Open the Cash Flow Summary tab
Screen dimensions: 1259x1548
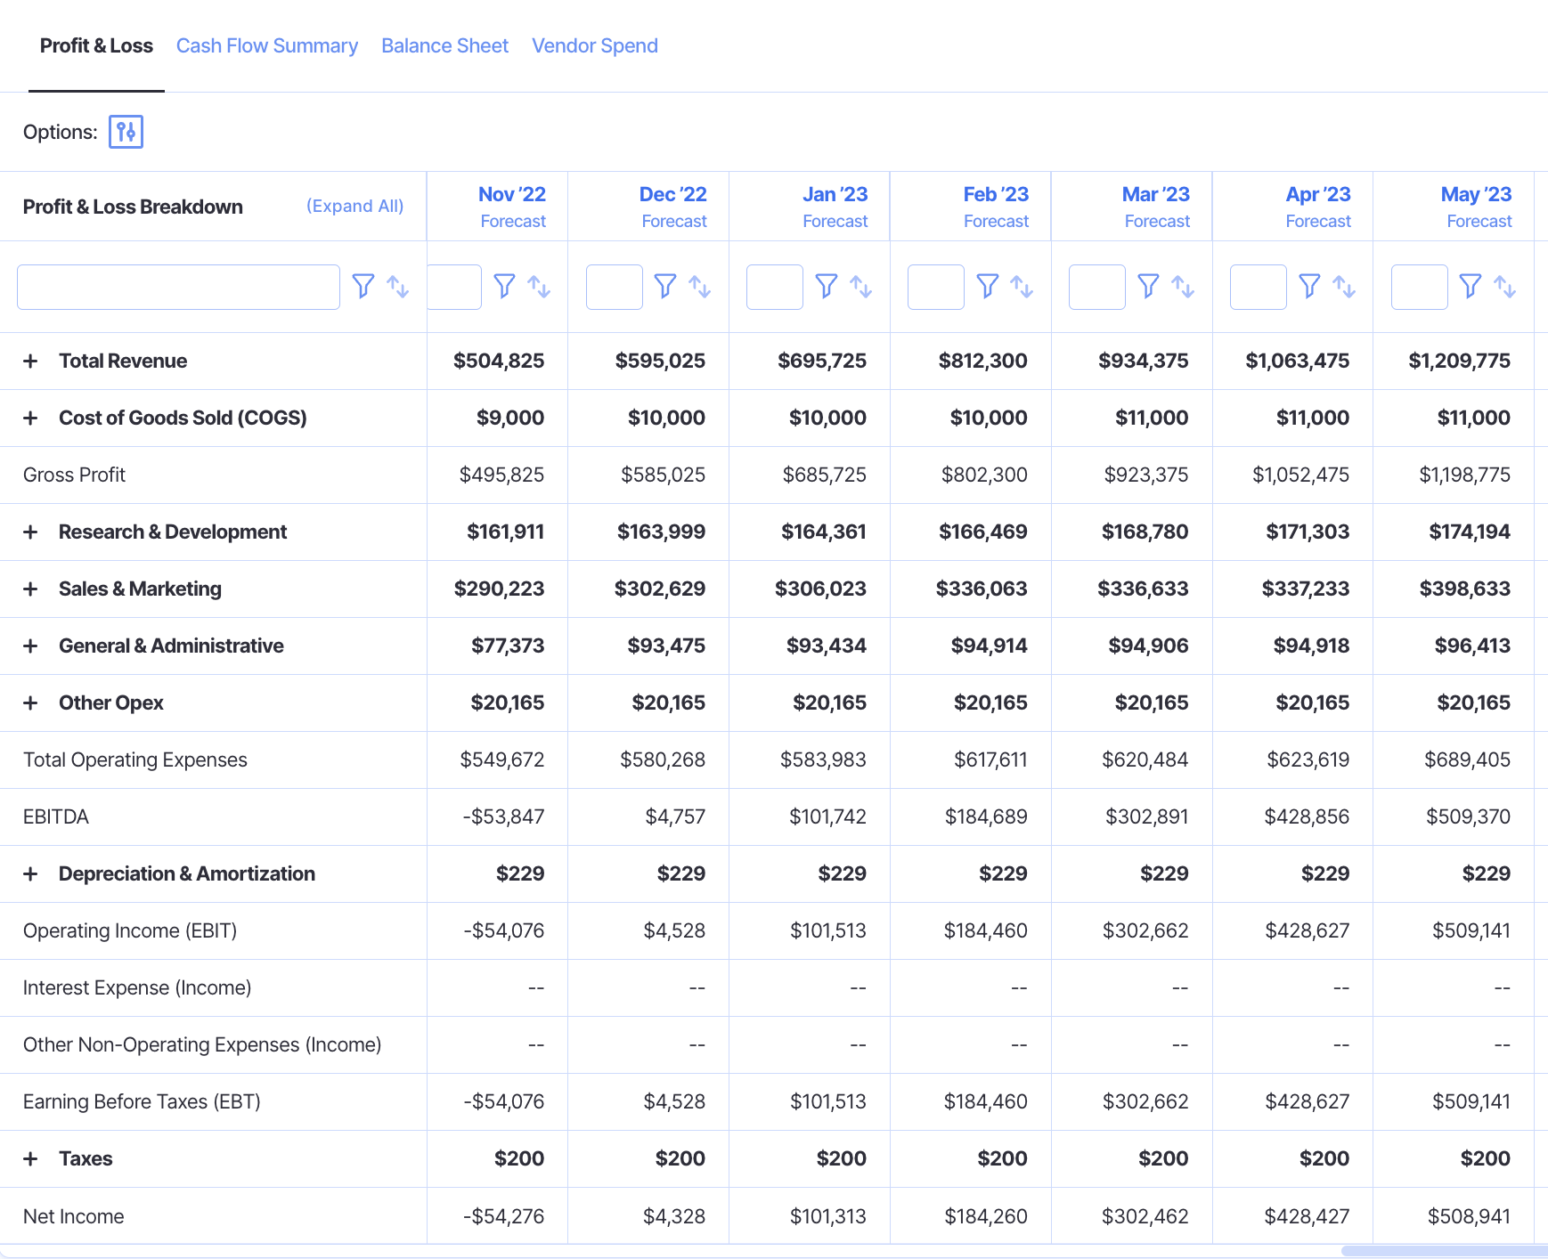[266, 45]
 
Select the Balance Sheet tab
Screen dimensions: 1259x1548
[444, 45]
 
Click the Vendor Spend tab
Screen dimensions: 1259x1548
[594, 45]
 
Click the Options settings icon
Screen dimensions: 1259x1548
[126, 132]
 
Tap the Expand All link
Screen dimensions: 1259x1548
[354, 206]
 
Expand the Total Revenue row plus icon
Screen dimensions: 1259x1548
[30, 361]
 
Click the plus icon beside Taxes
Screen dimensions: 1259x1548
[30, 1158]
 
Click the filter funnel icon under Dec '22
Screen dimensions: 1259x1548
[664, 286]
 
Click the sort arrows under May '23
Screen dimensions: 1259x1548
[1504, 286]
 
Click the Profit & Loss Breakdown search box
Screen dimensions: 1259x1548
[178, 287]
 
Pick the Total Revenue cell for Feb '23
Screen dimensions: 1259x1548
[982, 361]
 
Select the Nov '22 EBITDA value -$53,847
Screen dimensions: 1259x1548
[503, 816]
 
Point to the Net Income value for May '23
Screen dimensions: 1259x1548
[1469, 1216]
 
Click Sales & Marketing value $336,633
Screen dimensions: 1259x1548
[1143, 589]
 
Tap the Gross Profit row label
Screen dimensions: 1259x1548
[74, 475]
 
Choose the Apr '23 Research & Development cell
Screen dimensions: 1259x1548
[1308, 532]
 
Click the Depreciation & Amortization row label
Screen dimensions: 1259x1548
[186, 873]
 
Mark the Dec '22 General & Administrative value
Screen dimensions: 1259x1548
[666, 646]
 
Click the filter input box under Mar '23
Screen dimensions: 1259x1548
[1096, 287]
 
